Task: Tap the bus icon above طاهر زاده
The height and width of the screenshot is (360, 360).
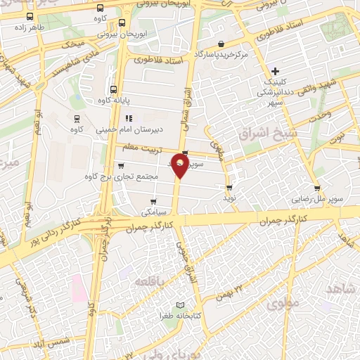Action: (x=30, y=17)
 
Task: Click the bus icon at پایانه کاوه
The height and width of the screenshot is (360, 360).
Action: (x=113, y=89)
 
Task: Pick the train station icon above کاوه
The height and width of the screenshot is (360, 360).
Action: (x=76, y=118)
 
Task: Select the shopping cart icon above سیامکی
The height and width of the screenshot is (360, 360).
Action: (x=153, y=201)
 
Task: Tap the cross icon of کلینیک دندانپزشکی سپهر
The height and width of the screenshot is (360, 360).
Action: (x=276, y=71)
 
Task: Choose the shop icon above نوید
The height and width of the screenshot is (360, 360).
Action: (x=230, y=188)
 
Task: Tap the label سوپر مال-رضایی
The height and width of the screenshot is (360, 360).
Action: (x=319, y=199)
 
